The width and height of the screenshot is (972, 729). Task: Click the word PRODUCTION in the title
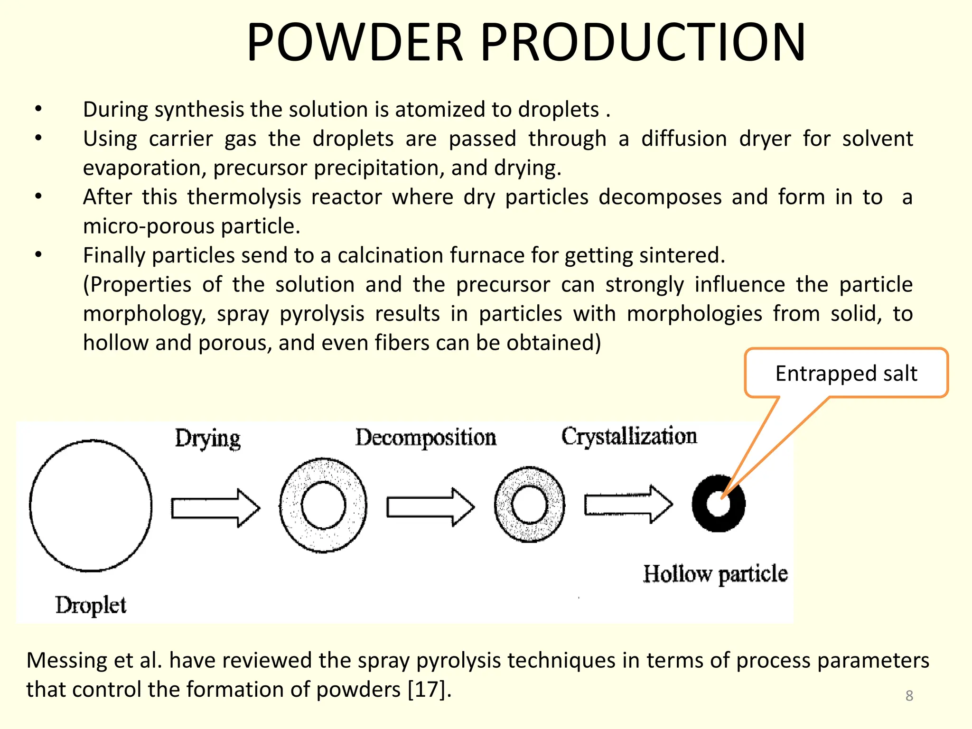643,43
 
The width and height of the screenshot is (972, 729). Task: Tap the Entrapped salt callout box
846,374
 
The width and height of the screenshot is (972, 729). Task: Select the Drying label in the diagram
207,439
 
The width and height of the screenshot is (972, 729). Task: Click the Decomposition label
426,438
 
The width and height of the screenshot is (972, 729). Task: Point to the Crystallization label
629,436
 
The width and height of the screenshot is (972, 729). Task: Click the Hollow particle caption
715,574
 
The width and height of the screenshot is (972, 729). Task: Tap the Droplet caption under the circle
91,606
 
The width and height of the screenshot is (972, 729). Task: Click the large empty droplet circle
91,505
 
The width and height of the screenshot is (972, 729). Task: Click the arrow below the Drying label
215,508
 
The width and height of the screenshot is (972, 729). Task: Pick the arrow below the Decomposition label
430,507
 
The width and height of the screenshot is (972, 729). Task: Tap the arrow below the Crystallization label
628,504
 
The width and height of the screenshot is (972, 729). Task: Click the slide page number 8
909,695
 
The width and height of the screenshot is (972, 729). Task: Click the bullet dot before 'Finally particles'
38,255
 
